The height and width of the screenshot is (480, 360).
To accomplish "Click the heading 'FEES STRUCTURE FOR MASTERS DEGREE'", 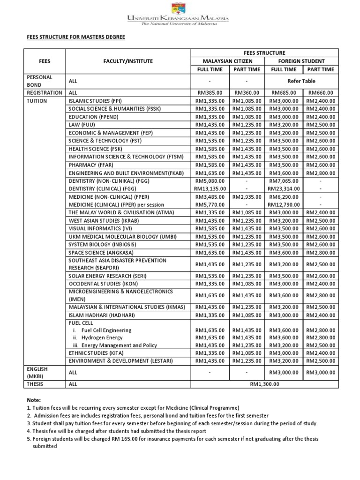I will pos(75,36).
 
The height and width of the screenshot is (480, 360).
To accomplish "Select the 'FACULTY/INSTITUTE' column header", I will pos(128,61).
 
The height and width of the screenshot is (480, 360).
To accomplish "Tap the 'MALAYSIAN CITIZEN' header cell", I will pos(227,61).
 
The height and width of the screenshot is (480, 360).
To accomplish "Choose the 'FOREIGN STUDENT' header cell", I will pos(301,61).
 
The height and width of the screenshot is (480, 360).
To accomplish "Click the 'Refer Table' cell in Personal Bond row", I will pos(301,81).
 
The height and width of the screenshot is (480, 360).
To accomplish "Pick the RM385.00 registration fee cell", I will pos(209,93).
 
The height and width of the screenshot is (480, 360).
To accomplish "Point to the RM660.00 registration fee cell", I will pos(321,93).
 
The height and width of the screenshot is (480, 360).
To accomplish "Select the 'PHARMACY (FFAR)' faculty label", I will pos(91,165).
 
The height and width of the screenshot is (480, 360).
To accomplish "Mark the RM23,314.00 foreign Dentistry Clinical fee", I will pos(284,188).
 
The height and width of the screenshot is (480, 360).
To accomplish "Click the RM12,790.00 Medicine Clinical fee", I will pos(284,204).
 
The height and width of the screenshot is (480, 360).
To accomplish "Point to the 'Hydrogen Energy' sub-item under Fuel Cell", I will pos(102,337).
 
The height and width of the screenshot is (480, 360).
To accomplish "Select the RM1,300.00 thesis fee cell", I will pos(264,384).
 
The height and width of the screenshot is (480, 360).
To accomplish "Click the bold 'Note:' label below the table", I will pos(35,400).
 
